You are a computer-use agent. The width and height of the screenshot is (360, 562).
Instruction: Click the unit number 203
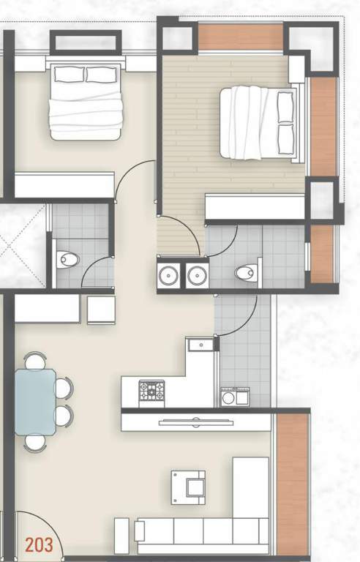click(x=38, y=544)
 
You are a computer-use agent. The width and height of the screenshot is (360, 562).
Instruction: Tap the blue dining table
click(x=35, y=402)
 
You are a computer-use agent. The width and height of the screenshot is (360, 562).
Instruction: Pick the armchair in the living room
click(x=189, y=487)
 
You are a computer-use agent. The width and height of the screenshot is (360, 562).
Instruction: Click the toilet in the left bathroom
click(x=68, y=260)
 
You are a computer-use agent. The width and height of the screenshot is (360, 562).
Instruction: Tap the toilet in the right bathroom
click(x=245, y=274)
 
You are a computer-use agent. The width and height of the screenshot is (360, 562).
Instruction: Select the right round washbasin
click(x=196, y=276)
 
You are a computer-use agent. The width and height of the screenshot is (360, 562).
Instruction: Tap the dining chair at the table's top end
click(x=34, y=361)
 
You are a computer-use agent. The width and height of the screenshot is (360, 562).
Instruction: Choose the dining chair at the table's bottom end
click(x=34, y=441)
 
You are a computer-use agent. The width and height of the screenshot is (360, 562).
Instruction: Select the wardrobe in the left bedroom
click(x=64, y=185)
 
